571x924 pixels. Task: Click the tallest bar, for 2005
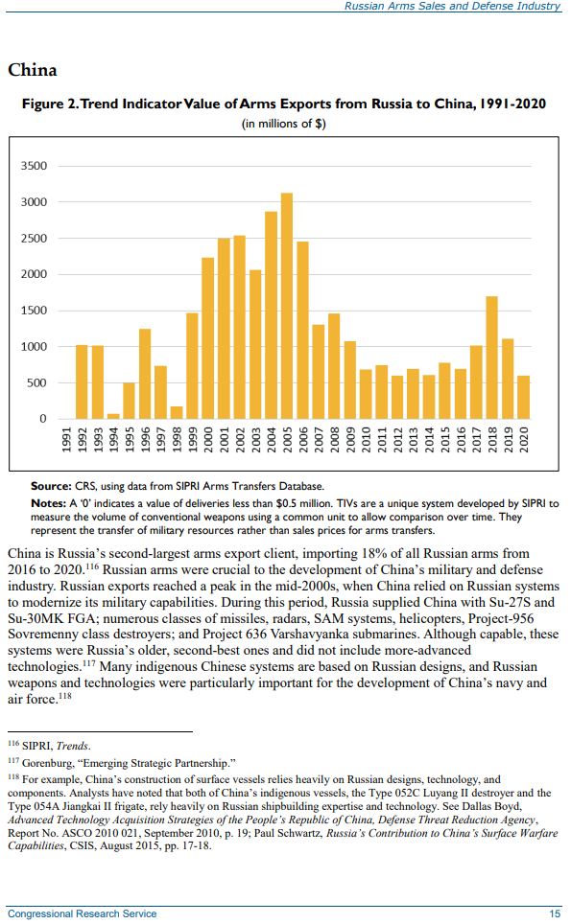(287, 306)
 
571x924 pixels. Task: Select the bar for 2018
(492, 358)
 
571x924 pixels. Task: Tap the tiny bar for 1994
(113, 416)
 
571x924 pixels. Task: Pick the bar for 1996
(145, 374)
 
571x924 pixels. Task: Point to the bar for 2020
(524, 397)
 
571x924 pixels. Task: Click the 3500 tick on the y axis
(34, 166)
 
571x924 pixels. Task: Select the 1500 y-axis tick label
(34, 311)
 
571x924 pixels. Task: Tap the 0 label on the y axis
(43, 419)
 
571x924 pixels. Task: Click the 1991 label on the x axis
(66, 440)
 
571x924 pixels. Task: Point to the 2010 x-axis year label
(366, 440)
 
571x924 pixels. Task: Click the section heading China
(33, 70)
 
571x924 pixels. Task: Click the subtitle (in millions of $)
(284, 124)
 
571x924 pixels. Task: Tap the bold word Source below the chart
(51, 486)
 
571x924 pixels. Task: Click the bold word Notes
(48, 503)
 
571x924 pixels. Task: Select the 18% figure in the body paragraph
(372, 554)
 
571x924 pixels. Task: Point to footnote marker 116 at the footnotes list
(13, 744)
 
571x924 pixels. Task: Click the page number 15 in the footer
(555, 914)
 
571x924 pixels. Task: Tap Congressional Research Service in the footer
(82, 914)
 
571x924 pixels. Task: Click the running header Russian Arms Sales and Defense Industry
(452, 6)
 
